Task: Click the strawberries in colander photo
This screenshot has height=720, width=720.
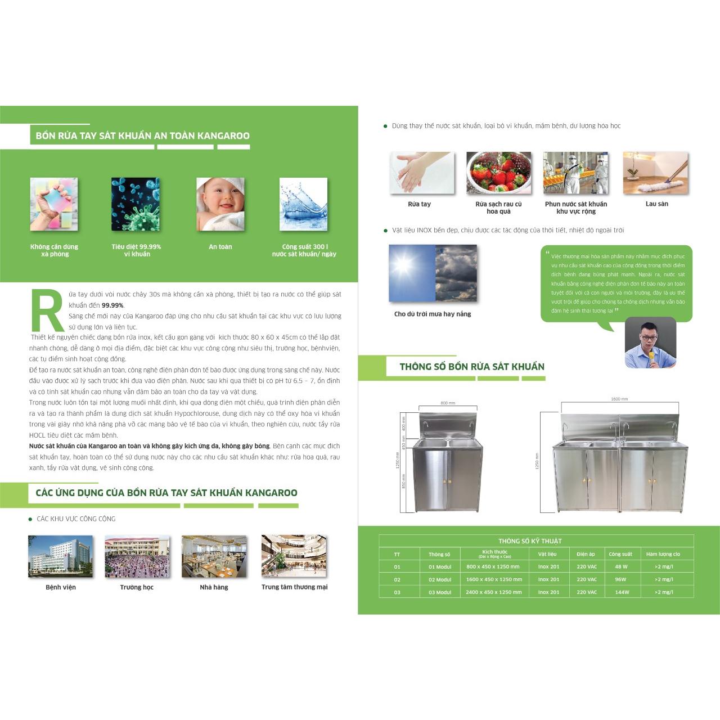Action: pos(498,173)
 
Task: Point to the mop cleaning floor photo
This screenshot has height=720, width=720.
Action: pos(656,173)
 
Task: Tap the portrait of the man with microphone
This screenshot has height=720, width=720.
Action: pos(651,343)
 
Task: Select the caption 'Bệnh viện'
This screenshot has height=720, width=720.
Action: pos(61,587)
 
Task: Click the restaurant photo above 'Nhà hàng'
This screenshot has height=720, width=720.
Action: pos(214,556)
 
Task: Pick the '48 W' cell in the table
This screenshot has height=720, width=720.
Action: pos(621,566)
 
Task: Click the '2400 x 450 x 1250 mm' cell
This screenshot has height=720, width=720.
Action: pos(493,592)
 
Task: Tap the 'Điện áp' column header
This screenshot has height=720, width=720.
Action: pos(586,554)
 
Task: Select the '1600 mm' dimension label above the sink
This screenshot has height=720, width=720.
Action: pos(619,399)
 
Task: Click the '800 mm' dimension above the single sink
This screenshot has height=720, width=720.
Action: pos(448,403)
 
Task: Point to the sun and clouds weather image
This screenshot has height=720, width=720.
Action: pos(433,273)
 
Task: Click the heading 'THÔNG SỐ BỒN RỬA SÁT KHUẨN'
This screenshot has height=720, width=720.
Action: pos(472,367)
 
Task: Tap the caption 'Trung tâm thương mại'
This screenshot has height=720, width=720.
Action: pos(294,587)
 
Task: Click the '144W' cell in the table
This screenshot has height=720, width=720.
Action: pos(622,592)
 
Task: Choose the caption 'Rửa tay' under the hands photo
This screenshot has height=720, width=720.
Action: pos(419,204)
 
